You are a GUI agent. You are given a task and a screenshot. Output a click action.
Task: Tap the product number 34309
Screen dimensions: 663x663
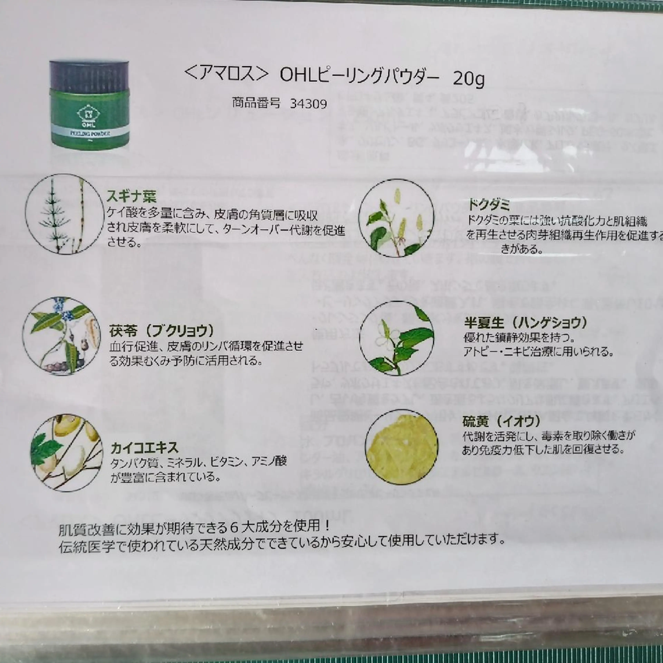coord(308,104)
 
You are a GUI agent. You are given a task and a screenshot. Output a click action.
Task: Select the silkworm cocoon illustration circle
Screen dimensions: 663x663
coord(67,453)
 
